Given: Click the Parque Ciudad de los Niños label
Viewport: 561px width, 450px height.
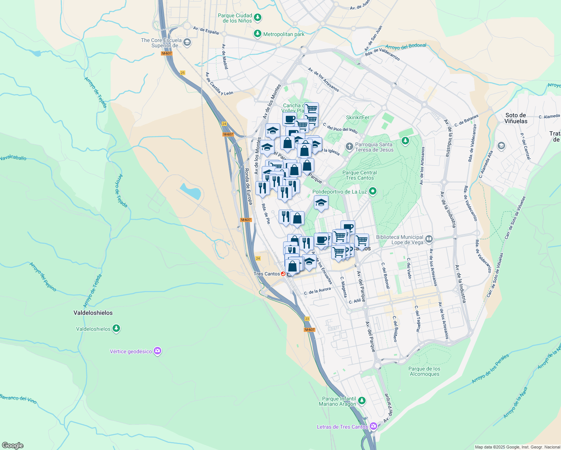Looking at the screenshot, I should point(235,18).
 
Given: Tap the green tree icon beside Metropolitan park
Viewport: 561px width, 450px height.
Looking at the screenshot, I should point(257,34).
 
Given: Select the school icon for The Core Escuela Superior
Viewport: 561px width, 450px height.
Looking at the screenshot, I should point(187,43).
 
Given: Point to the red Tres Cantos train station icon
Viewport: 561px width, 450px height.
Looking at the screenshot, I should point(283,274).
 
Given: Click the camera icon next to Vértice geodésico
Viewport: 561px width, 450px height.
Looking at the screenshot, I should point(157,351).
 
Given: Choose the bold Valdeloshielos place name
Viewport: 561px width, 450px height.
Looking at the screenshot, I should point(93,313).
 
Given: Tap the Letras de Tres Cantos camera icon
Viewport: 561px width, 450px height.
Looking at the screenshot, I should point(373,426).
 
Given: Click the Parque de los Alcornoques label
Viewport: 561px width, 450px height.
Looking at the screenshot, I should point(424,371).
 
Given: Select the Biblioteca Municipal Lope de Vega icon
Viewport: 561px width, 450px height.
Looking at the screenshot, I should point(429,239).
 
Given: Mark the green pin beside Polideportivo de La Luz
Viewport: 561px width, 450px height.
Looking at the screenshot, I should point(372,192).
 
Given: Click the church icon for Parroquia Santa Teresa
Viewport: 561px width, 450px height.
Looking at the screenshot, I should point(349,146).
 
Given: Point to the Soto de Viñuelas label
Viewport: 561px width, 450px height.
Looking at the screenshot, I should point(516,118).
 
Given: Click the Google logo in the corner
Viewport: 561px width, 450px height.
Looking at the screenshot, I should point(12,445).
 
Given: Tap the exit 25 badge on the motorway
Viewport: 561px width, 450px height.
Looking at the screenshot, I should point(183,73).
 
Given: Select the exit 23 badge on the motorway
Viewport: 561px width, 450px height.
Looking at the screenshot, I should point(307,319).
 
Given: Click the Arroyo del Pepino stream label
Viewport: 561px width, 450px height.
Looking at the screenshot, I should point(43,277).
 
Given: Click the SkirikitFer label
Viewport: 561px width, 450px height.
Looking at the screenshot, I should point(357,117).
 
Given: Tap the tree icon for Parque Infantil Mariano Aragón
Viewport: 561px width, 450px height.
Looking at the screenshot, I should point(361,401).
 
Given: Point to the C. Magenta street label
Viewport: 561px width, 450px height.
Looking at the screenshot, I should point(343,287).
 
